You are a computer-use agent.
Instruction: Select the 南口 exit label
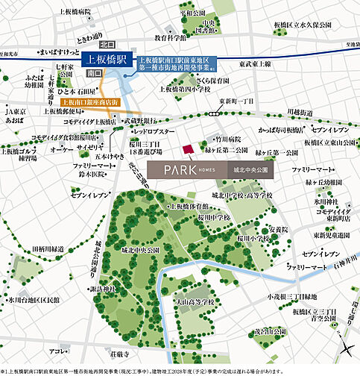click(94, 74)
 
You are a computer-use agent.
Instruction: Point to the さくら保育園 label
click(212, 78)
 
